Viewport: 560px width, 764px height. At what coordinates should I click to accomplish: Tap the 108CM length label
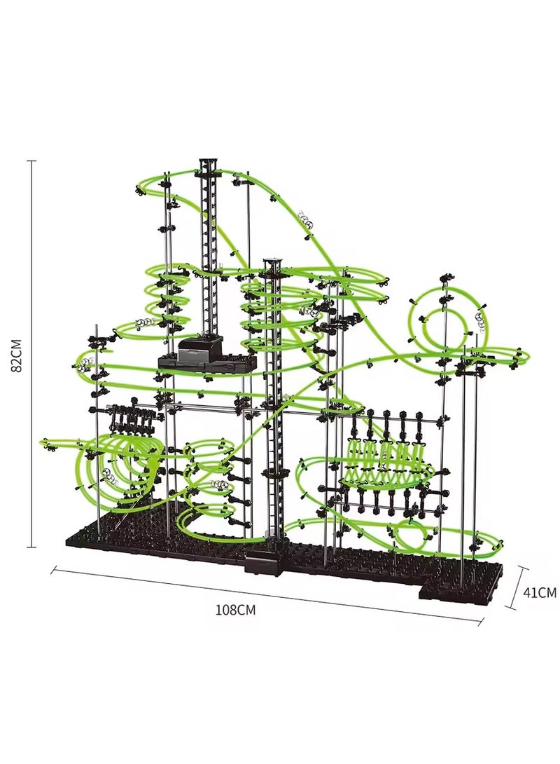tap(236, 609)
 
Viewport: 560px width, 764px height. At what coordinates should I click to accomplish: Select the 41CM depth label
tap(540, 592)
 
